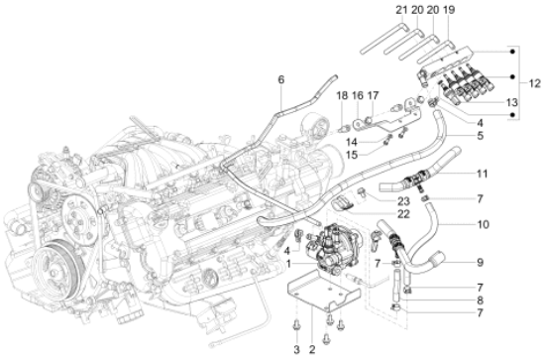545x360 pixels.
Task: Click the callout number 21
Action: pos(401,10)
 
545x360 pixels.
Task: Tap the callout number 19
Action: pos(449,10)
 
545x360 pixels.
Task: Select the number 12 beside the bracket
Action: pos(534,83)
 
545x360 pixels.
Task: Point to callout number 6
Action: pos(280,79)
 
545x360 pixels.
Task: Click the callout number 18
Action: pos(343,95)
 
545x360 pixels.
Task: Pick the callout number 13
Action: pos(511,102)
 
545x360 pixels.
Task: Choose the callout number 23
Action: pos(404,201)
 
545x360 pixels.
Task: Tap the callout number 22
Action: pos(403,214)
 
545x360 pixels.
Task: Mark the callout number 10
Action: pos(483,224)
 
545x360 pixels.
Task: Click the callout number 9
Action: pos(480,262)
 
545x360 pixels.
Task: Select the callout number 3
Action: pos(297,349)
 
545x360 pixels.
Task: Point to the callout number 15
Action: pos(352,155)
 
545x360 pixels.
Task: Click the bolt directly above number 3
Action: pos(297,325)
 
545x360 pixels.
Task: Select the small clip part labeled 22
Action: pos(343,202)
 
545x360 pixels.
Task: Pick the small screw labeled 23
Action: pos(362,191)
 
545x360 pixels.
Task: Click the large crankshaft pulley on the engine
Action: pos(57,266)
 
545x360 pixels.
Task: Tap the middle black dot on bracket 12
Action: pos(512,77)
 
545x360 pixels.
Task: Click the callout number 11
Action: pos(482,174)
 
